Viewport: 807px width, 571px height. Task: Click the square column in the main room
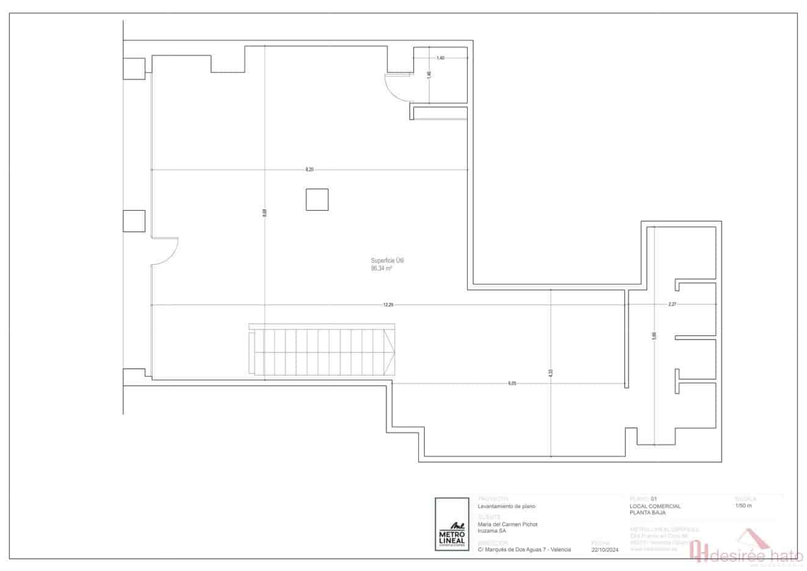pyautogui.click(x=317, y=200)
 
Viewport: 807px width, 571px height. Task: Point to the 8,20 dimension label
pyautogui.click(x=309, y=169)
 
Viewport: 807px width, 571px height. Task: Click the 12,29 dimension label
pyautogui.click(x=388, y=305)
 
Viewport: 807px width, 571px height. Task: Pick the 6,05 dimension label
pyautogui.click(x=512, y=384)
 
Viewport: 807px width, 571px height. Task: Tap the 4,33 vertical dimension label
pyautogui.click(x=551, y=373)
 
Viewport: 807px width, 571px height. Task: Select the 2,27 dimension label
pyautogui.click(x=672, y=304)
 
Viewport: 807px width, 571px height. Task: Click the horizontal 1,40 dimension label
pyautogui.click(x=440, y=57)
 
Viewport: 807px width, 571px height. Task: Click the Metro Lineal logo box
pyautogui.click(x=452, y=525)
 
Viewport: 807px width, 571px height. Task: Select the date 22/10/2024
pyautogui.click(x=605, y=550)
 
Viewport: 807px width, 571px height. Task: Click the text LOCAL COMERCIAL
pyautogui.click(x=654, y=506)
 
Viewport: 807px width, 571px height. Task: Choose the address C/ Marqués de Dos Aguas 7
pyautogui.click(x=524, y=550)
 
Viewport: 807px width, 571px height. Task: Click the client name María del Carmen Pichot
pyautogui.click(x=507, y=524)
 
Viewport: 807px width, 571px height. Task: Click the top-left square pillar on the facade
pyautogui.click(x=134, y=68)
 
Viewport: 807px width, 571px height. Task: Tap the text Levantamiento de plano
pyautogui.click(x=507, y=506)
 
